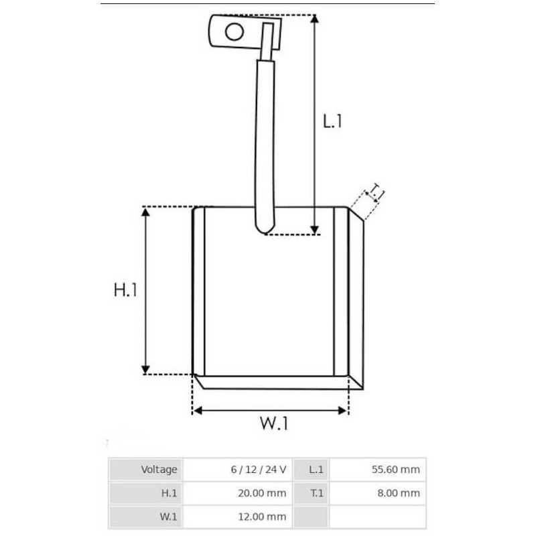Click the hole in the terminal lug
click(x=233, y=31)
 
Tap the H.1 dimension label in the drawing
click(x=125, y=290)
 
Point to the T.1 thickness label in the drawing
click(x=376, y=194)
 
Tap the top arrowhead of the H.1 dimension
click(x=145, y=212)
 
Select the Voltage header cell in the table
click(x=146, y=470)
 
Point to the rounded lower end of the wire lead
click(x=265, y=230)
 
